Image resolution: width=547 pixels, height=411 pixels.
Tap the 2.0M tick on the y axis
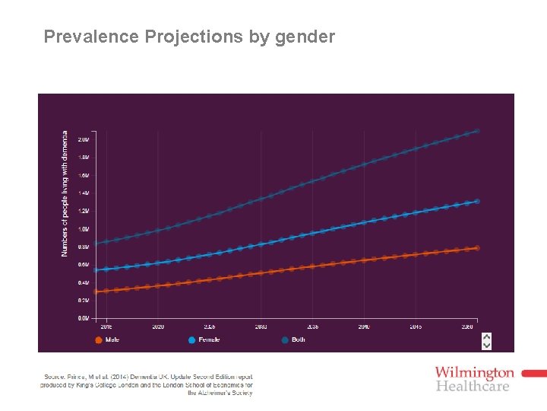click(x=84, y=140)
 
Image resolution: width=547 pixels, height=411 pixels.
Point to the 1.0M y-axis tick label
click(x=84, y=229)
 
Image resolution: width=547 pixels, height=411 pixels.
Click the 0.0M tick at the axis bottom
click(x=84, y=318)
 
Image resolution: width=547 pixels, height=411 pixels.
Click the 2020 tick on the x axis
click(x=158, y=327)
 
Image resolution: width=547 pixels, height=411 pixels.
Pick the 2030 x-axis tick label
click(x=261, y=327)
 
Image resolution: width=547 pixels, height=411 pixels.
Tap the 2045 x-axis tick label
click(x=416, y=327)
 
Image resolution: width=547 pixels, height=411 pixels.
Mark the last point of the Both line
click(x=477, y=131)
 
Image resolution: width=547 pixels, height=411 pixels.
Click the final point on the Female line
click(x=477, y=202)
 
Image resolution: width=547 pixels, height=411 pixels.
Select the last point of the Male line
click(x=477, y=248)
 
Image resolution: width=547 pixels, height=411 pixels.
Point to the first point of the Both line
click(x=96, y=244)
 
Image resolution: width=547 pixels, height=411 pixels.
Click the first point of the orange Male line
click(x=96, y=292)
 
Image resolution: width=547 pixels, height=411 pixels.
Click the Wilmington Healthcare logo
click(x=475, y=378)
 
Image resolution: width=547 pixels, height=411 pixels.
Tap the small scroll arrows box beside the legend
click(x=487, y=340)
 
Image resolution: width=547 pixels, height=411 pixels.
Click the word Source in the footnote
click(x=55, y=377)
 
